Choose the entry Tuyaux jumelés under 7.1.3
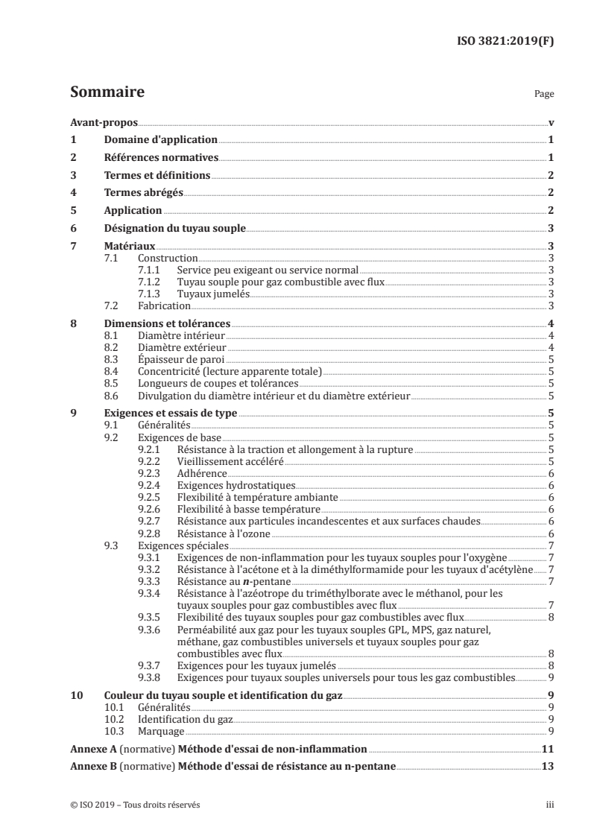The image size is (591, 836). click(x=212, y=294)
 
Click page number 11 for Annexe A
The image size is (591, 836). click(x=547, y=748)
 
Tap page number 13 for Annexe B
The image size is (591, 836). click(x=547, y=766)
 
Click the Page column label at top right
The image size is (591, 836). click(x=544, y=95)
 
